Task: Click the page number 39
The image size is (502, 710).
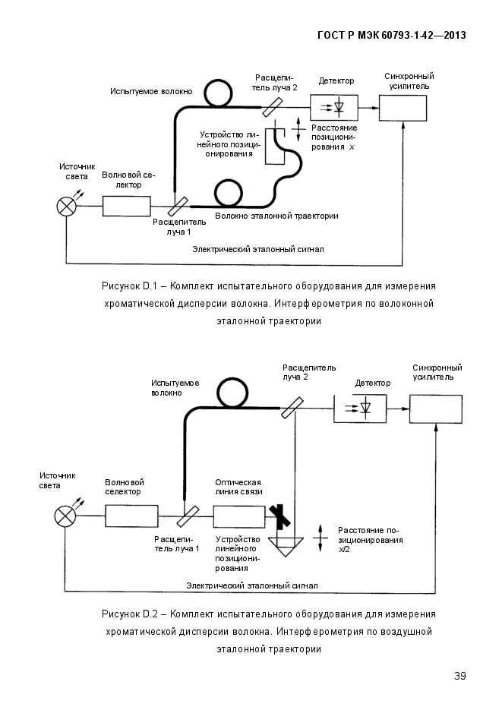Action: (x=460, y=676)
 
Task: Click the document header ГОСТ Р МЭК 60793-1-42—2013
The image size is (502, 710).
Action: (x=392, y=36)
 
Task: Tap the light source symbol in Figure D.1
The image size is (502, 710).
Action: (x=67, y=207)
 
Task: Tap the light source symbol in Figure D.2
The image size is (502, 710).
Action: (x=65, y=516)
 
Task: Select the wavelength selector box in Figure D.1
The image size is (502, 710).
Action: (x=126, y=206)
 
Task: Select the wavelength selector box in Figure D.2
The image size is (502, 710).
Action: (x=131, y=516)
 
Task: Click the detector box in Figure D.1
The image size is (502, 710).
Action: (x=334, y=107)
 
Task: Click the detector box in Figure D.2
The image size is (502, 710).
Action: (x=360, y=409)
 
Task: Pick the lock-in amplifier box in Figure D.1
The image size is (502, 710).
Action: (x=403, y=109)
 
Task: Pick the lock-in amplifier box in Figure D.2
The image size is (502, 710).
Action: (x=436, y=409)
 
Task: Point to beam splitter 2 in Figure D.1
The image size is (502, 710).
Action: (x=272, y=107)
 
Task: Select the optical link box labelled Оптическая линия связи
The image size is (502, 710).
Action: (x=239, y=516)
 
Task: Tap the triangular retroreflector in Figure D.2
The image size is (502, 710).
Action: (x=286, y=547)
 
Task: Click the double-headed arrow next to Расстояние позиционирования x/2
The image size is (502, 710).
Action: (x=320, y=539)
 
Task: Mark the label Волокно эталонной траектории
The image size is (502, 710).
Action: (x=276, y=216)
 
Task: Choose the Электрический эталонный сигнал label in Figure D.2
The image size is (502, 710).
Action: (x=251, y=585)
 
